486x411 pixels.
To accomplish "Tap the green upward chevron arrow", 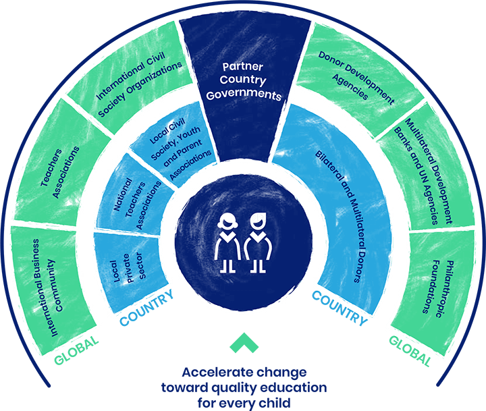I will [x=242, y=342].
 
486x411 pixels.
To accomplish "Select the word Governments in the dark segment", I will [x=244, y=96].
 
